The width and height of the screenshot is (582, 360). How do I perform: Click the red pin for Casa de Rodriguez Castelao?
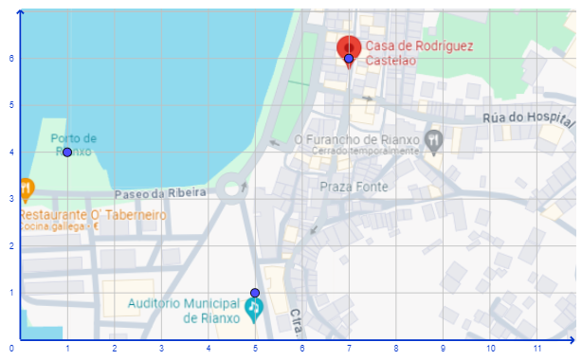(348, 48)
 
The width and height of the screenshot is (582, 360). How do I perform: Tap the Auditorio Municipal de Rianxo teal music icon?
(253, 308)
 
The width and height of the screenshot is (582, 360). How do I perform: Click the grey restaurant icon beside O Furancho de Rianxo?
(433, 140)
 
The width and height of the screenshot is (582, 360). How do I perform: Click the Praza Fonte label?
(354, 187)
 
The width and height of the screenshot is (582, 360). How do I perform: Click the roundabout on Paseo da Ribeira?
(230, 189)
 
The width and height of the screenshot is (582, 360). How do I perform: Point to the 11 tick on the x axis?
(537, 349)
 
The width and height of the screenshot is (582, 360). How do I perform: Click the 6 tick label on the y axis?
(10, 58)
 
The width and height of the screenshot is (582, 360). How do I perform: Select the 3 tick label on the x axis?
(161, 349)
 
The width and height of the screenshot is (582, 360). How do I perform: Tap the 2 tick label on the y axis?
(10, 245)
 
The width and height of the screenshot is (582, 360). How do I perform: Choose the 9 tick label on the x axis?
(444, 349)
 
